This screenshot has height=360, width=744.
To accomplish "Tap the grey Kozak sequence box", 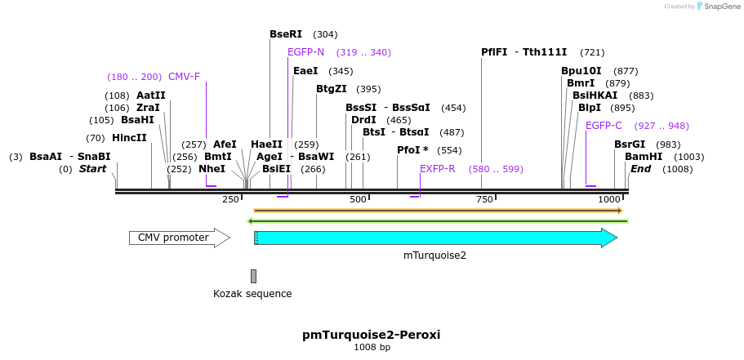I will pyautogui.click(x=253, y=276).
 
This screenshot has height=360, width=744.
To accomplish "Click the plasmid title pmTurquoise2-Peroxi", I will pyautogui.click(x=371, y=335).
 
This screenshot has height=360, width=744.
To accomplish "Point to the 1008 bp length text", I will pyautogui.click(x=372, y=348).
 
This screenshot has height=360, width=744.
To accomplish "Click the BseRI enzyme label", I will pyautogui.click(x=286, y=34).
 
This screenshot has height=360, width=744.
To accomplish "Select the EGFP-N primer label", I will pyautogui.click(x=305, y=52).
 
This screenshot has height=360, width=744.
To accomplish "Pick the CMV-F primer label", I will pyautogui.click(x=184, y=77).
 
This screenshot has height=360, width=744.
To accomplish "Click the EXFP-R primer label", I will pyautogui.click(x=437, y=169).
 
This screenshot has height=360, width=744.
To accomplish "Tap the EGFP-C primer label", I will pyautogui.click(x=604, y=126).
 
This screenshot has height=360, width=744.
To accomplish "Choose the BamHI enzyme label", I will pyautogui.click(x=643, y=157).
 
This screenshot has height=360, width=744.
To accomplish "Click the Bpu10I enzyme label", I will pyautogui.click(x=581, y=71).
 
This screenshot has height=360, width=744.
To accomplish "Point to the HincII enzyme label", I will pyautogui.click(x=129, y=138).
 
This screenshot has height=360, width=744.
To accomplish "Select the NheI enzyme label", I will pyautogui.click(x=212, y=169).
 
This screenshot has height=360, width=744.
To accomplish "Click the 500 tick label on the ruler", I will pyautogui.click(x=358, y=200).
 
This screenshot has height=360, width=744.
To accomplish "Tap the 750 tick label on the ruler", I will pyautogui.click(x=483, y=200).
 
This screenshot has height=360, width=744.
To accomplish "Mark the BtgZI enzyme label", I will pyautogui.click(x=332, y=89).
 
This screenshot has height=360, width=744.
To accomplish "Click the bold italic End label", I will pyautogui.click(x=640, y=169).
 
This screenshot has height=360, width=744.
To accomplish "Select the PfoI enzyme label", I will pyautogui.click(x=412, y=150).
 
